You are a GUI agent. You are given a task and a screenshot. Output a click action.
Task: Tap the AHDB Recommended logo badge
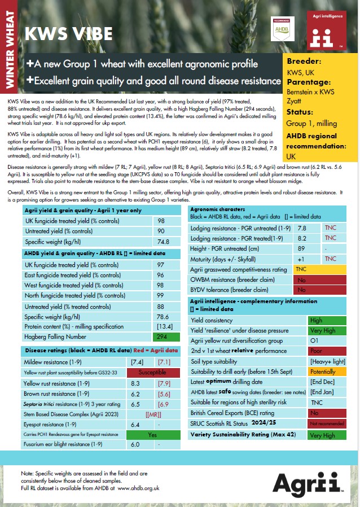(280, 28)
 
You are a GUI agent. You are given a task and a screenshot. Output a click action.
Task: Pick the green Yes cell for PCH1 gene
(152, 435)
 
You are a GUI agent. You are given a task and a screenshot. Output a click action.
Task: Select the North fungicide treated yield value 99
(161, 295)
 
